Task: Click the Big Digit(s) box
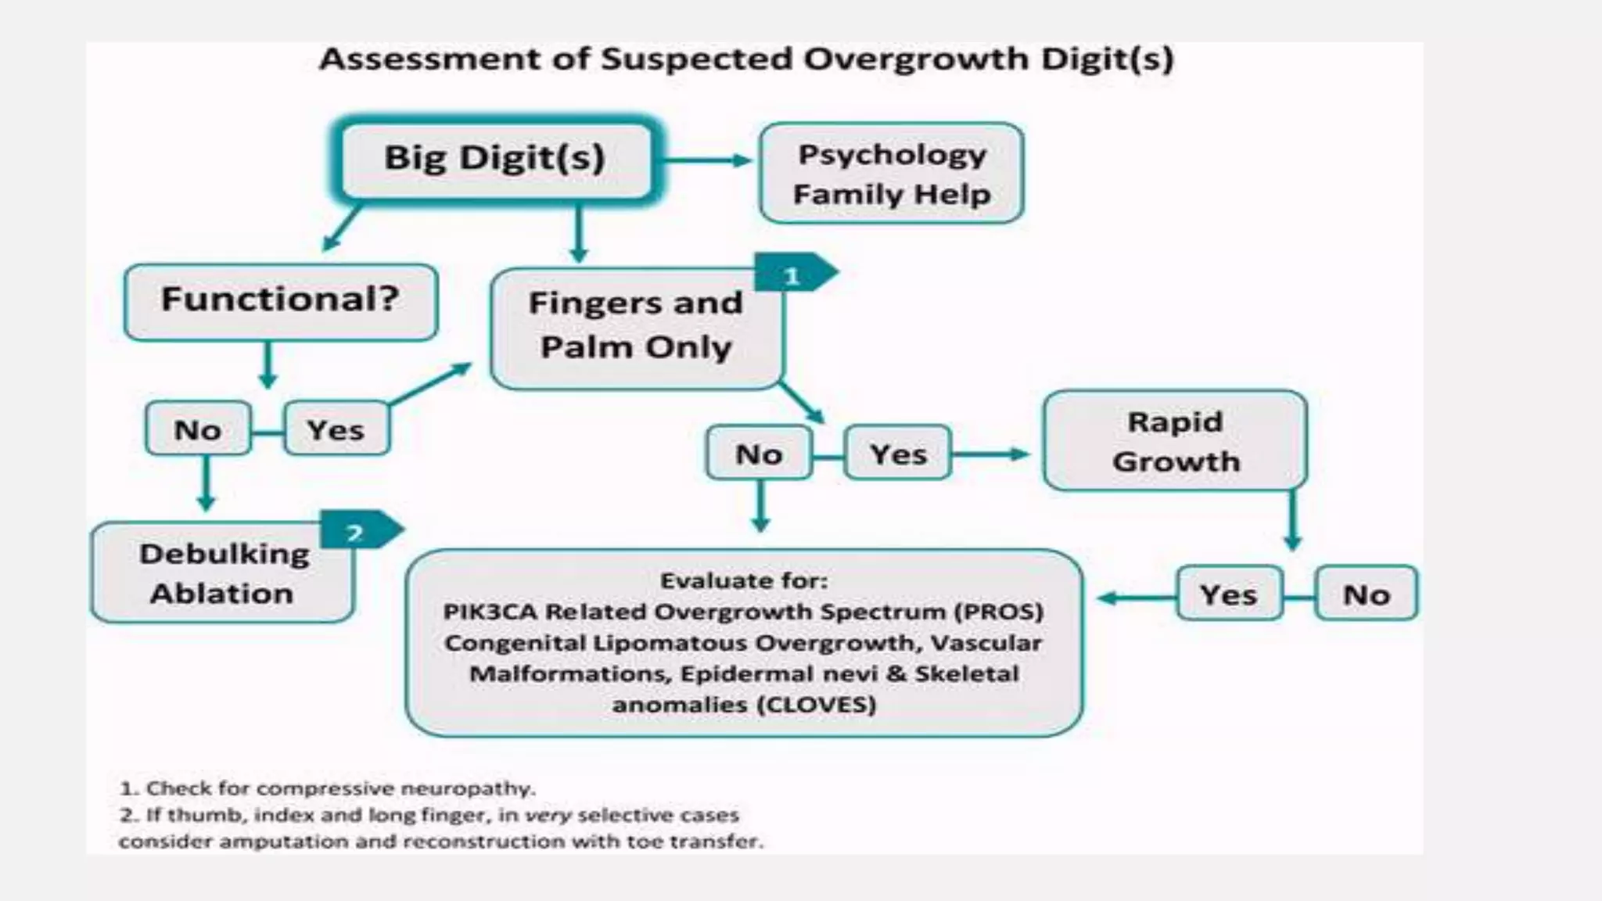click(x=495, y=159)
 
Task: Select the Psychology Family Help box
click(x=891, y=173)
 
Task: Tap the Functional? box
click(x=280, y=300)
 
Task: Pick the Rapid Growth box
click(x=1175, y=441)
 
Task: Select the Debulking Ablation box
click(x=222, y=573)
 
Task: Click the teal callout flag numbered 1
click(x=793, y=275)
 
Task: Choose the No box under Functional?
click(x=197, y=429)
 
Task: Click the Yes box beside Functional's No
click(x=336, y=429)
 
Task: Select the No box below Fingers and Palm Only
click(x=758, y=454)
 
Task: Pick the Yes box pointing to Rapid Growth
click(x=898, y=454)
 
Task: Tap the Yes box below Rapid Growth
click(x=1228, y=594)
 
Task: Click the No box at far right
click(x=1366, y=594)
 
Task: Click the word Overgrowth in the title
click(x=915, y=59)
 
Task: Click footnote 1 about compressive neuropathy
click(x=328, y=788)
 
